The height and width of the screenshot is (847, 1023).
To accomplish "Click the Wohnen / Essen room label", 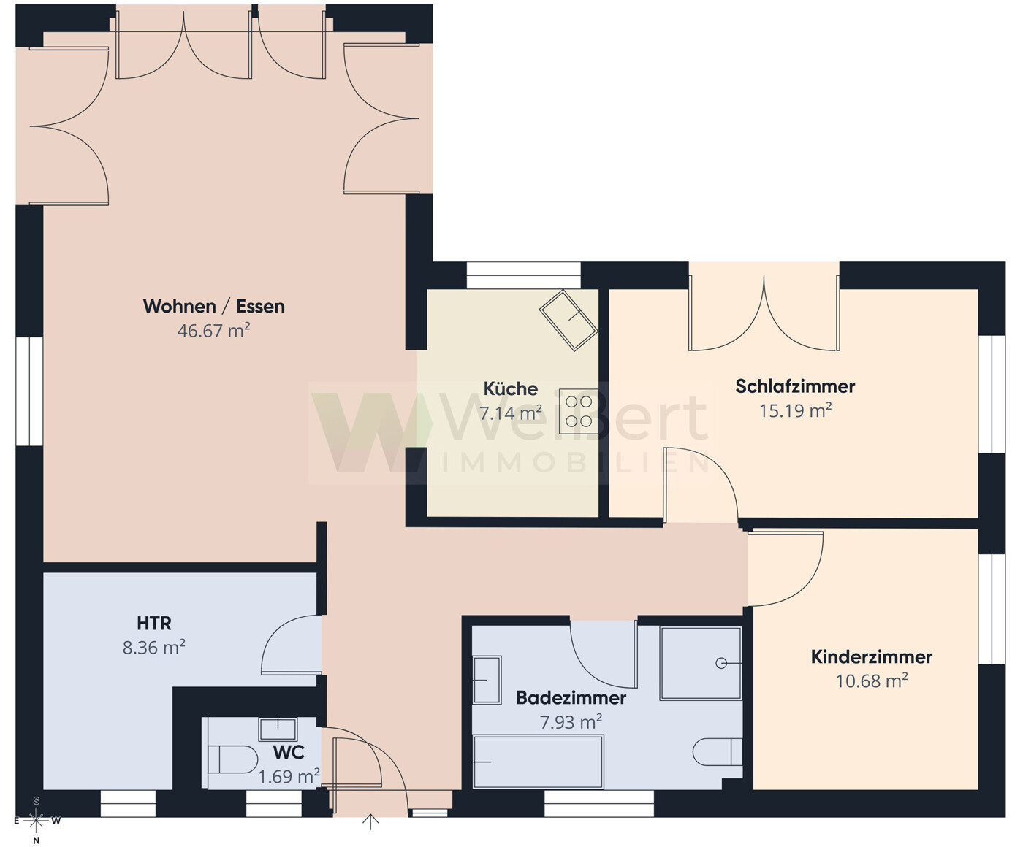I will click(213, 306).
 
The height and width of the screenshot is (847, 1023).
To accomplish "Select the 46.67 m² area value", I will click(213, 331).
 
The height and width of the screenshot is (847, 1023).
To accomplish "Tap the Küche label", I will click(510, 388).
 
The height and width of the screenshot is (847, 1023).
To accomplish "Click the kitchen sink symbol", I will click(568, 319).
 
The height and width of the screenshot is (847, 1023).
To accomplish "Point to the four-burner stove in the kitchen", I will click(578, 412).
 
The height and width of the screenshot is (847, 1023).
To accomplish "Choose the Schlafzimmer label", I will click(795, 386).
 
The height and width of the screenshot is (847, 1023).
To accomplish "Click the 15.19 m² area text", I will click(795, 410).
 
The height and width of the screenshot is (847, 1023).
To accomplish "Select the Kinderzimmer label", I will click(871, 656).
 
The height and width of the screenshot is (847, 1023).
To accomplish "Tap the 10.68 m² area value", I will click(871, 681).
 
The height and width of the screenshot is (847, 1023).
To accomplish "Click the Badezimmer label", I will click(571, 697).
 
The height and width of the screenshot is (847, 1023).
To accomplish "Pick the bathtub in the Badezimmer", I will click(538, 762).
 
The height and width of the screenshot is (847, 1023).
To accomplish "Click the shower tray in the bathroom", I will click(701, 663).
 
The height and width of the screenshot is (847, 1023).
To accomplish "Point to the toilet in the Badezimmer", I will click(716, 752).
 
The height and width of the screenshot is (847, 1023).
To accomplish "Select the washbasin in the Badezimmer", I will click(487, 680).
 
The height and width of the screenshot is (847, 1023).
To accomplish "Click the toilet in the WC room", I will click(232, 759).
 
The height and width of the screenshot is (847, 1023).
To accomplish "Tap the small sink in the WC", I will click(278, 729).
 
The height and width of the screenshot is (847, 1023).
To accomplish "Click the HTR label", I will click(154, 623).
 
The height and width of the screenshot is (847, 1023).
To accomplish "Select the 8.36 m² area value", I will click(153, 648).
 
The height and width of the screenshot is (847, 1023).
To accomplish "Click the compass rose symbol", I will click(36, 821).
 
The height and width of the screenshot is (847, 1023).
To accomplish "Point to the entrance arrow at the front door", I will click(370, 822).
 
